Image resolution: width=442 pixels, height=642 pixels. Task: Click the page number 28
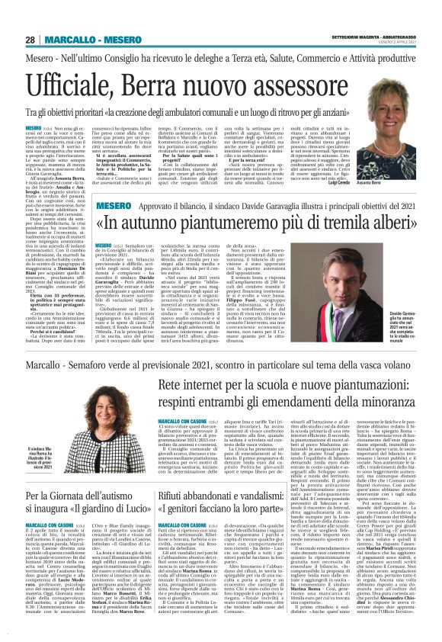[x=30, y=40]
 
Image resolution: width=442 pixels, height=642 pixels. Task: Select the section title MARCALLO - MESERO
[x=88, y=40]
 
